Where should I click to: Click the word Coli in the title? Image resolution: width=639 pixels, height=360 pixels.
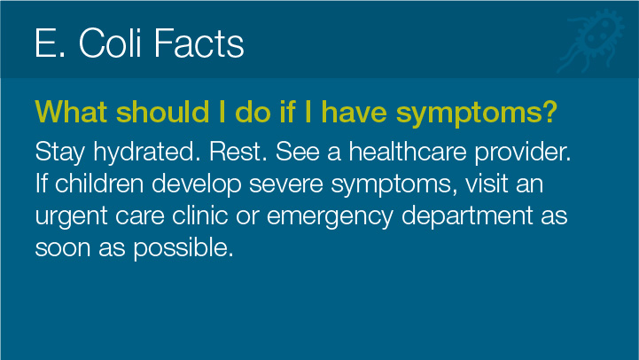(110, 43)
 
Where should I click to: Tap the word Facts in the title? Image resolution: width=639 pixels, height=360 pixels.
(199, 43)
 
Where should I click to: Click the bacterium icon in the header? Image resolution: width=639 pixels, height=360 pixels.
(590, 41)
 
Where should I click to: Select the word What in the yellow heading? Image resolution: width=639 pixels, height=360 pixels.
(71, 112)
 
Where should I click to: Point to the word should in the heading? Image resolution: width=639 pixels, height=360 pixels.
(163, 112)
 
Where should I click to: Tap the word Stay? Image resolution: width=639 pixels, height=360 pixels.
(60, 153)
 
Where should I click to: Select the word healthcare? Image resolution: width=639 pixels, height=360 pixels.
(408, 152)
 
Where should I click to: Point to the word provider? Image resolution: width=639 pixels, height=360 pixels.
(522, 153)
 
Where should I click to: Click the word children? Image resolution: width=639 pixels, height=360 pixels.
(99, 184)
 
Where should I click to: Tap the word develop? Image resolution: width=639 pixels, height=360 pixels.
(197, 184)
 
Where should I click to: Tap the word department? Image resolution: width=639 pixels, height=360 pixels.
(467, 216)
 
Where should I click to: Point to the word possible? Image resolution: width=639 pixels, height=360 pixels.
(183, 248)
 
